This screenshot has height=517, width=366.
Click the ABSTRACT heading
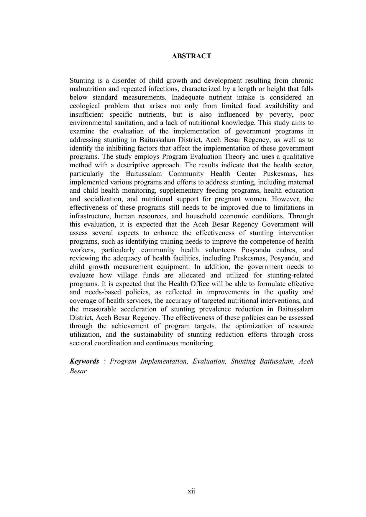click(x=191, y=56)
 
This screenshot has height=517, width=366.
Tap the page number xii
click(x=191, y=491)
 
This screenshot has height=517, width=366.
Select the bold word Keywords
click(x=84, y=361)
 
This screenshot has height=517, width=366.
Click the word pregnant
click(x=226, y=199)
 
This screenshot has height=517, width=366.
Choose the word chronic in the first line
click(x=303, y=81)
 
